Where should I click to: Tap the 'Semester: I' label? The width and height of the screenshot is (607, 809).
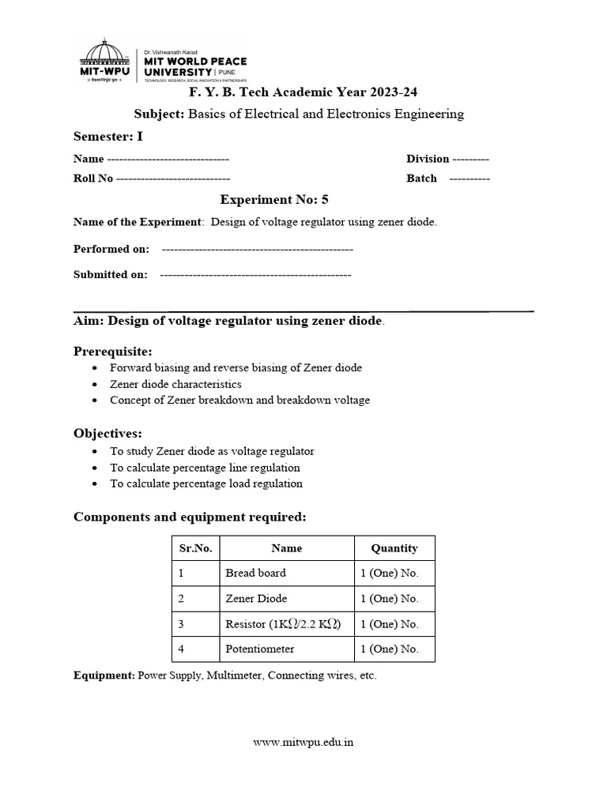108,136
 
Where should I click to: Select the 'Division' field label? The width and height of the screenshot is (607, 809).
428,159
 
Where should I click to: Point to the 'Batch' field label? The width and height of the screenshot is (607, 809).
421,179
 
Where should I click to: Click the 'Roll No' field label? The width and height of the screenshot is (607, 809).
93,179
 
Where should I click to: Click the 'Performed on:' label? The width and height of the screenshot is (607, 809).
111,249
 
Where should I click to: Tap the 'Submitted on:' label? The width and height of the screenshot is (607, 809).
111,275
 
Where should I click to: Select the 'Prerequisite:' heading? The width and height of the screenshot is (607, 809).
113,351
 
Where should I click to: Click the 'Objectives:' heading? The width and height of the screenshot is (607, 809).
108,434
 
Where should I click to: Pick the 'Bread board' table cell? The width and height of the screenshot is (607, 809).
255,573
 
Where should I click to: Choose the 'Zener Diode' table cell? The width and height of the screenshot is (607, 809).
256,598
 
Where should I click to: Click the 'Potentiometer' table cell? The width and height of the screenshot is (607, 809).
259,649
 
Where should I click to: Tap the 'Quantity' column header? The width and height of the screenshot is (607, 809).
394,547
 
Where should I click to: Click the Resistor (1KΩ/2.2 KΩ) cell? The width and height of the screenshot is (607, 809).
283,623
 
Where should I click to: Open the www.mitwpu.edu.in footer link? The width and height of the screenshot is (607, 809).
303,742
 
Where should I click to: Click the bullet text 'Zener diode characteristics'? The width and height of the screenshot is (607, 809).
175,384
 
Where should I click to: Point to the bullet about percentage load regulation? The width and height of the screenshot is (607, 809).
205,484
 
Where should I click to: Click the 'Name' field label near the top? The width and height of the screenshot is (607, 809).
89,159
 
